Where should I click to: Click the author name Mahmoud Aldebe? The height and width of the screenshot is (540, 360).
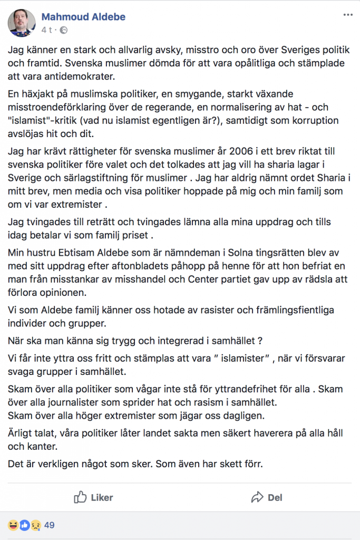[x=83, y=17]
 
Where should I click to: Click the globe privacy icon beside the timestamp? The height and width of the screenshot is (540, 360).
[x=64, y=30]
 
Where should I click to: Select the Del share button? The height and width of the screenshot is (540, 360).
[x=267, y=497]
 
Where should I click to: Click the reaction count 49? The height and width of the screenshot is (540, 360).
[x=50, y=525]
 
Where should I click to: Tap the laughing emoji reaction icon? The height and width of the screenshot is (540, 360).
[x=12, y=525]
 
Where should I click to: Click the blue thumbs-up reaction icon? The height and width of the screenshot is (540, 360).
[x=24, y=525]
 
